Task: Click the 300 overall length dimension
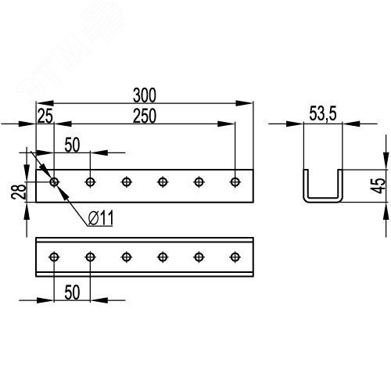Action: tap(145, 95)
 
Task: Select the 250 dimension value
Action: tap(145, 116)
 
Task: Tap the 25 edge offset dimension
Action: tap(45, 116)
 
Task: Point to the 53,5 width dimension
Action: tap(323, 113)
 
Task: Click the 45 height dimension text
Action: tap(378, 185)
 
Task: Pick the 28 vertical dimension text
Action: tap(19, 192)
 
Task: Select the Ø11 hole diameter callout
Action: tap(101, 218)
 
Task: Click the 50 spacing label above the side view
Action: tap(72, 145)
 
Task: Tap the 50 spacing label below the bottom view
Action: tap(72, 292)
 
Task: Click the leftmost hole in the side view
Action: tap(54, 182)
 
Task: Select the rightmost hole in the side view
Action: tap(235, 182)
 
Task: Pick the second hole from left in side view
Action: tap(90, 182)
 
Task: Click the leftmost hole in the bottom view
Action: tap(54, 257)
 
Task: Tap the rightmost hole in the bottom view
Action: tap(235, 257)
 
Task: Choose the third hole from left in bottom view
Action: tap(127, 257)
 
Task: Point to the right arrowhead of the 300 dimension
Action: tap(244, 103)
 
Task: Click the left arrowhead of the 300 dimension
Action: tap(45, 103)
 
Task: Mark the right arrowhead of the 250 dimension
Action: tap(226, 124)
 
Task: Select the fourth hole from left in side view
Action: tap(163, 182)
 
